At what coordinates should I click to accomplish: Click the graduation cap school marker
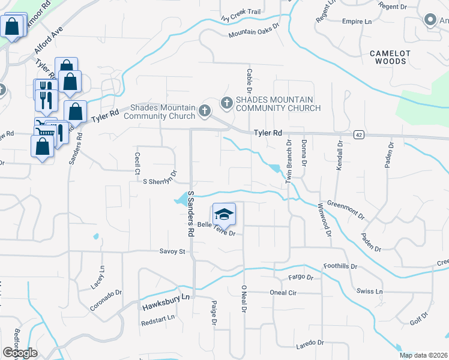(x=224, y=214)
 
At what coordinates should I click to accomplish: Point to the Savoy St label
(x=172, y=251)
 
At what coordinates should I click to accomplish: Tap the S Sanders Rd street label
(x=191, y=213)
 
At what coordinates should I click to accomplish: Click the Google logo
(x=20, y=353)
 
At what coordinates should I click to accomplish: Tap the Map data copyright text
(x=424, y=355)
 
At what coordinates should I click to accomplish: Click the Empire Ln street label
(x=357, y=22)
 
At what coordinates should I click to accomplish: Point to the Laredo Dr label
(x=309, y=343)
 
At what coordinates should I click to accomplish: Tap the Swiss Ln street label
(x=370, y=292)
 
